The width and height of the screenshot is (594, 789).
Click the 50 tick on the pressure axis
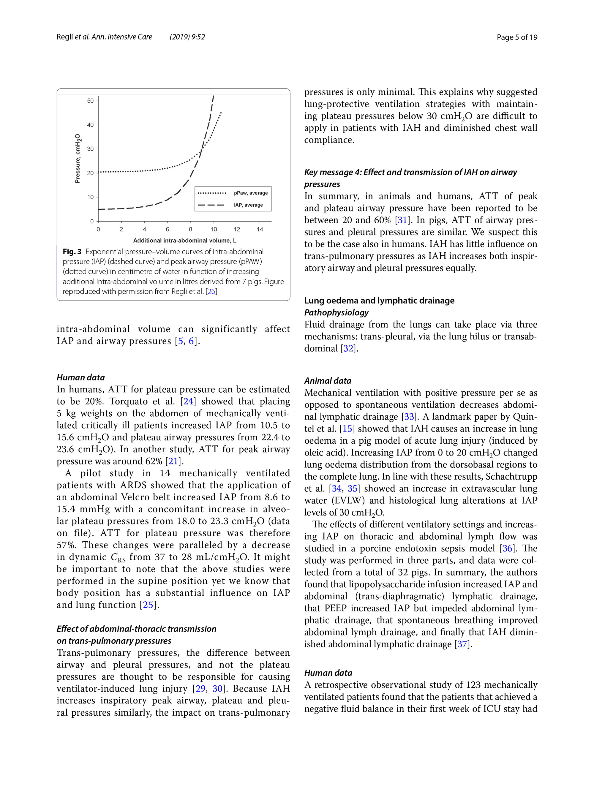90,101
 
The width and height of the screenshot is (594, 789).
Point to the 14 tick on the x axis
260,229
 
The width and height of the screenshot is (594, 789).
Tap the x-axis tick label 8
190,229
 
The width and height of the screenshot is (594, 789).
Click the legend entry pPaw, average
250,193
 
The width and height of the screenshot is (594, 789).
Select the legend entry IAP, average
248,205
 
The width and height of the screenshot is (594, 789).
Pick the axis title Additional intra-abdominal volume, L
184,241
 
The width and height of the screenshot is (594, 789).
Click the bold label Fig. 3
72,252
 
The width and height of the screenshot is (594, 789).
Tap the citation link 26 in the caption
211,291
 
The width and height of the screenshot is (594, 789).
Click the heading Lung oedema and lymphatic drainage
379,301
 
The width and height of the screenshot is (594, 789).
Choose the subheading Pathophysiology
336,313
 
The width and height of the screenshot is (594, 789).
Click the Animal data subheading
328,381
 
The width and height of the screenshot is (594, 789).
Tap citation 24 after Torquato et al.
188,402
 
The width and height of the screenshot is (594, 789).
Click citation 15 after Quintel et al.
347,429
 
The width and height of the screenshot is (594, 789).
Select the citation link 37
463,644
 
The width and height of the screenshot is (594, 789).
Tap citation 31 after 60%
402,220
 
